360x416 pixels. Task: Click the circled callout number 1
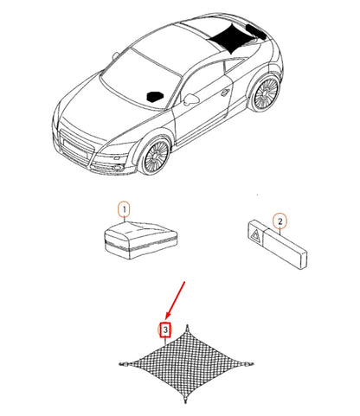[x=124, y=209]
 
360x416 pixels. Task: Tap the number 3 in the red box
[x=165, y=330]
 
